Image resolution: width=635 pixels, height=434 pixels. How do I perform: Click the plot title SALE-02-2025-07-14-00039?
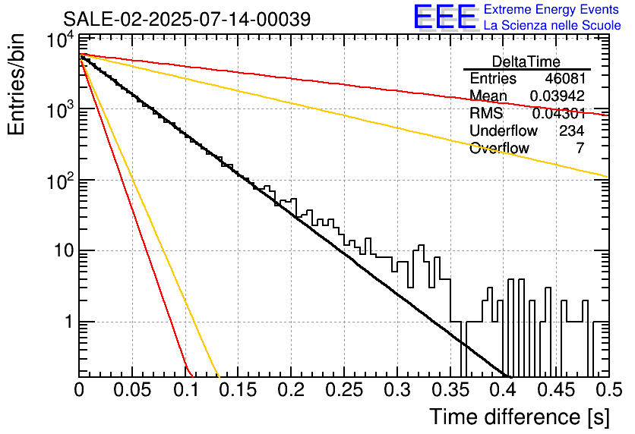[187, 19]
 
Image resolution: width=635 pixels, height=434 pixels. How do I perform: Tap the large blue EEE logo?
[445, 17]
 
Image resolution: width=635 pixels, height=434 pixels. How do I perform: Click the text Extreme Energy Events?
[551, 9]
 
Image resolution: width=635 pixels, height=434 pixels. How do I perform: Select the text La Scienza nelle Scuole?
[552, 25]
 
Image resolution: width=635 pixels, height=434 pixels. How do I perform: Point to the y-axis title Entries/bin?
[16, 84]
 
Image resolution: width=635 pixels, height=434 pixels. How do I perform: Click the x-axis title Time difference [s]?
[520, 417]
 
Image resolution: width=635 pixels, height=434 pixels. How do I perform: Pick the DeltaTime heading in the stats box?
[526, 61]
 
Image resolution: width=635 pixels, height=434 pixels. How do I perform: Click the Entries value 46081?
[565, 78]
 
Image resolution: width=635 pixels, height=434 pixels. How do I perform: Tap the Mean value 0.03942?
[558, 96]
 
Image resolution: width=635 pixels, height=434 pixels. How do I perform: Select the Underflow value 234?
[571, 131]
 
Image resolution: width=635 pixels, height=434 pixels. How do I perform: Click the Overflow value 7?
[580, 148]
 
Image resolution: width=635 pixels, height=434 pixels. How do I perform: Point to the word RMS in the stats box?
[486, 113]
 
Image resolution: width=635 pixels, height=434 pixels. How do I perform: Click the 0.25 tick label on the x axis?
[344, 390]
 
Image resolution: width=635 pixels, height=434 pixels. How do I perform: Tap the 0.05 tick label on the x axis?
[132, 390]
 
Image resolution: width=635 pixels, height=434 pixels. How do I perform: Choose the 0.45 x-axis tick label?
[556, 390]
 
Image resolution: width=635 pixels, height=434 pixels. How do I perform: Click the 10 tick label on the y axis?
[64, 251]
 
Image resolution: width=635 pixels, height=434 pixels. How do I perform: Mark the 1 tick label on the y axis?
[69, 322]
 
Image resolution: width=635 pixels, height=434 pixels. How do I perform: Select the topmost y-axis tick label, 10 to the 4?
[60, 40]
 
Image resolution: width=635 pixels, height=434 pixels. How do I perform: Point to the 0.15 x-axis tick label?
[238, 390]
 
